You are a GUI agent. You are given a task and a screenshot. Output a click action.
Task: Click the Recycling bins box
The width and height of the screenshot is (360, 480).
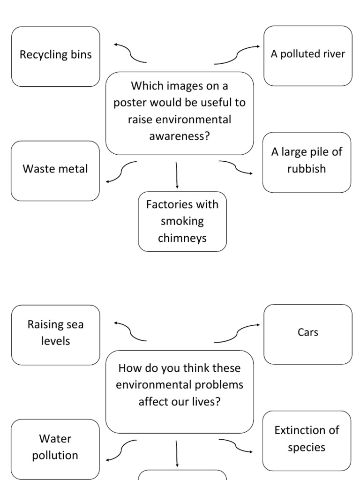[x=55, y=56]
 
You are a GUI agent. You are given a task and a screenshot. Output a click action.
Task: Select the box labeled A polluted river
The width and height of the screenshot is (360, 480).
[x=307, y=56]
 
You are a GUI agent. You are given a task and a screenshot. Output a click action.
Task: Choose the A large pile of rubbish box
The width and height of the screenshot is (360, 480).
[x=307, y=162]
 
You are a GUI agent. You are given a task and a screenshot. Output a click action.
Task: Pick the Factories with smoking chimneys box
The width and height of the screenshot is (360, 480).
[x=182, y=221]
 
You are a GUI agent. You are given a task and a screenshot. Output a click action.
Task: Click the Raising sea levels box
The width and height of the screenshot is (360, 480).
[x=55, y=335]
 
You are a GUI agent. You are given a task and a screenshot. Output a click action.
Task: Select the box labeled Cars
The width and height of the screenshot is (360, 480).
[x=307, y=334]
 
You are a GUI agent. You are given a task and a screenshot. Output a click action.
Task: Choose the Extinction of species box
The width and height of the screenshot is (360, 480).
[x=307, y=440]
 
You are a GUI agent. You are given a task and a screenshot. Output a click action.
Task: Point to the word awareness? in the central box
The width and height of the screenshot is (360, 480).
[x=180, y=136]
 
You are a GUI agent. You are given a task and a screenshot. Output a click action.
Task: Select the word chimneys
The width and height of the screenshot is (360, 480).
[x=182, y=238]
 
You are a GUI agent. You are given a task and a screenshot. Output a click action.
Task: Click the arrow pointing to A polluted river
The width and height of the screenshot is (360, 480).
[x=237, y=54]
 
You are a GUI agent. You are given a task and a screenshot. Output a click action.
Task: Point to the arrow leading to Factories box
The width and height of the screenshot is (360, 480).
[x=177, y=174]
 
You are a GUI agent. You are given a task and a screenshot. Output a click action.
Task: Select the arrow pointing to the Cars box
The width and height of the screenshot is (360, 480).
[x=237, y=333]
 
